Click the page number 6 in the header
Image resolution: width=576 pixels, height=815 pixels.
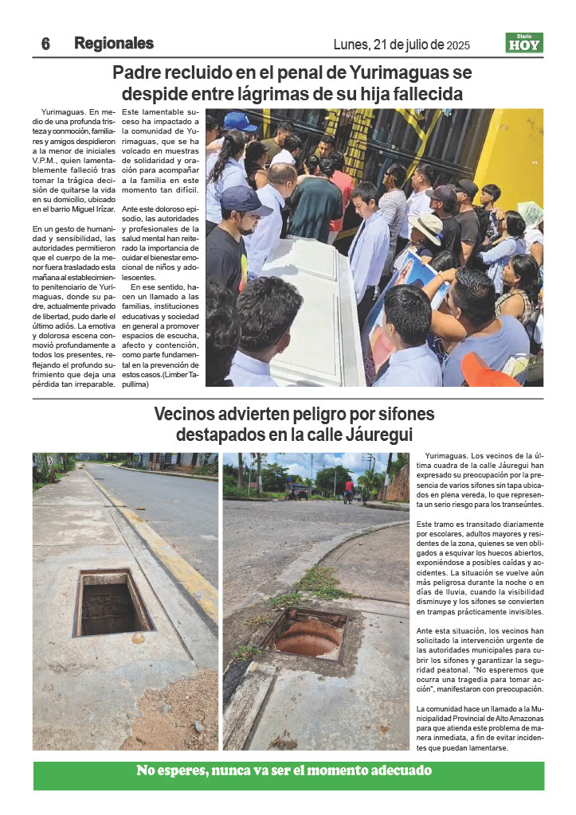(x=45, y=44)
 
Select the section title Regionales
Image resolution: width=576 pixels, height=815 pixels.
(x=114, y=43)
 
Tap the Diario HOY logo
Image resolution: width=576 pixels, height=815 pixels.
(x=524, y=43)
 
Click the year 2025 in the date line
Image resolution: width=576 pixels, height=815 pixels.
(x=464, y=45)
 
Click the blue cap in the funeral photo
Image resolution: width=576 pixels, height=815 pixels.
(x=240, y=121)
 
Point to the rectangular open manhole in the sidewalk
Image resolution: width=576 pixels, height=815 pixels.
(x=112, y=602)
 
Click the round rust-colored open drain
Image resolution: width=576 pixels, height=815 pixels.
(x=308, y=638)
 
